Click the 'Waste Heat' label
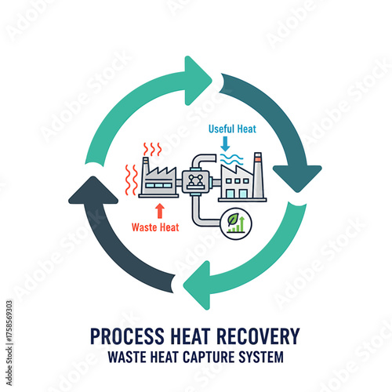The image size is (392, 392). click(160, 230)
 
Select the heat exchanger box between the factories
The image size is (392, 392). click(192, 179)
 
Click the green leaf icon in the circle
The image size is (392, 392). click(234, 224)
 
